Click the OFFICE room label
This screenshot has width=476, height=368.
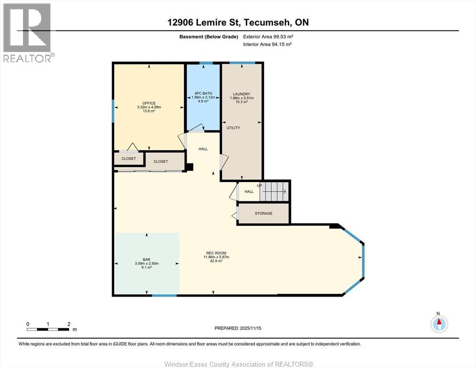[149, 103]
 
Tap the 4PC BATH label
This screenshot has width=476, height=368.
[203, 93]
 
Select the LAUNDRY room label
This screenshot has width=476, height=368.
[242, 94]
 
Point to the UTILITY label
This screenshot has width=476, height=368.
[233, 128]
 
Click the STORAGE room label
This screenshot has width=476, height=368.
[264, 213]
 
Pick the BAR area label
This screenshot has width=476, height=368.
[146, 259]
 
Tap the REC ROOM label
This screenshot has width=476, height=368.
[216, 253]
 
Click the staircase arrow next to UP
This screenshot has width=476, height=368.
[274, 192]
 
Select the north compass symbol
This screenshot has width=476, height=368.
[439, 324]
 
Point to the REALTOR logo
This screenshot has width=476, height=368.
[27, 33]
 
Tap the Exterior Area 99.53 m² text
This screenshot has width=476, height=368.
[268, 37]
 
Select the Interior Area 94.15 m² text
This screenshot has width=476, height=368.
[267, 44]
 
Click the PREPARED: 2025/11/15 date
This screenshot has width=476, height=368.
[238, 328]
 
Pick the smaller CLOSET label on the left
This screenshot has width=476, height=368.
[128, 159]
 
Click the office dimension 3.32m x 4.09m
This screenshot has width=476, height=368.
[149, 107]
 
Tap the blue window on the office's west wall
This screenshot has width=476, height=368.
[113, 111]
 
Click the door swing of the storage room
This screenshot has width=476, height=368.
[235, 216]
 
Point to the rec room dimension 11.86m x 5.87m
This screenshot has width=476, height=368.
[216, 257]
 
